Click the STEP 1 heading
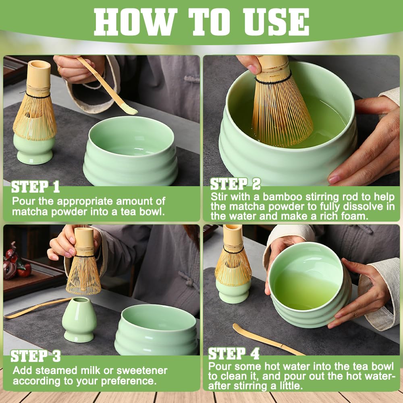pyautogui.click(x=35, y=187)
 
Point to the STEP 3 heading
pyautogui.click(x=35, y=356)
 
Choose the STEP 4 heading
pyautogui.click(x=234, y=354)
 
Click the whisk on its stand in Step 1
pyautogui.click(x=35, y=109)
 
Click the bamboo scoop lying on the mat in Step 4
pyautogui.click(x=266, y=339)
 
